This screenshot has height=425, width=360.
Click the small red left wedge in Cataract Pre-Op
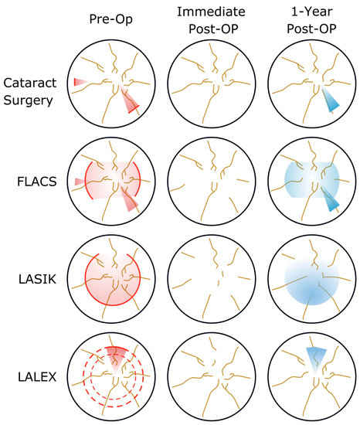point(79,82)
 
